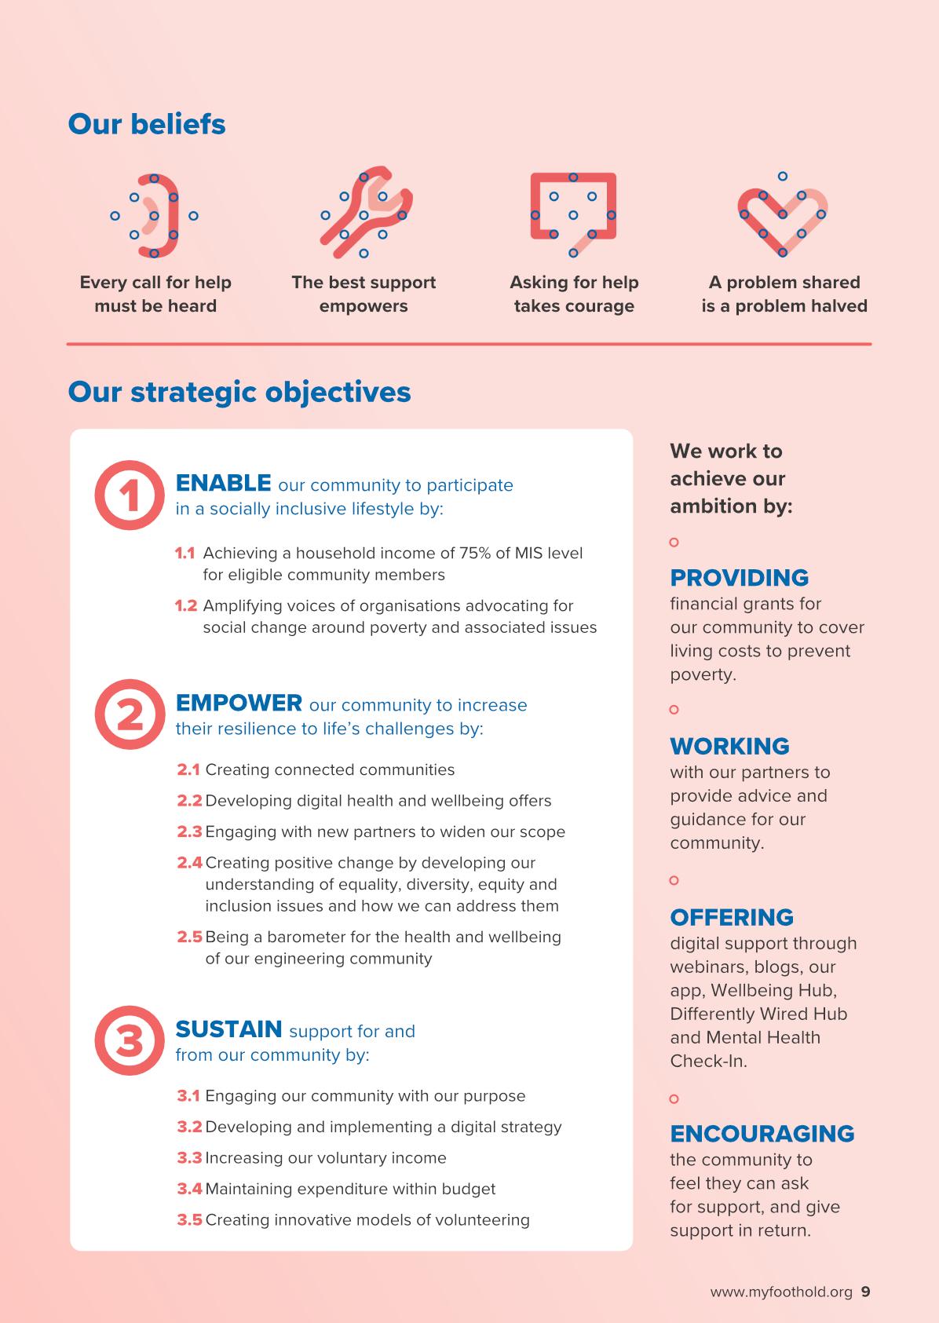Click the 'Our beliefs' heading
tap(147, 124)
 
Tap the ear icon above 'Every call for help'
tap(155, 215)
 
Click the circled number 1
tap(130, 495)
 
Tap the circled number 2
tap(130, 714)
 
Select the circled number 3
tap(130, 1041)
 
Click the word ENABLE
tap(224, 482)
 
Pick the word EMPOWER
tap(239, 702)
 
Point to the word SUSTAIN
tap(228, 1029)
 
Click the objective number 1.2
tap(185, 606)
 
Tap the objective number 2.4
tap(189, 863)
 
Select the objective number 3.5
tap(189, 1220)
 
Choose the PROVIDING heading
tap(739, 578)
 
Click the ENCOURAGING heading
tap(762, 1134)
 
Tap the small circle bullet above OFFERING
tap(674, 880)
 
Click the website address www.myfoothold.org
tap(780, 1292)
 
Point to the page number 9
tap(865, 1292)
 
